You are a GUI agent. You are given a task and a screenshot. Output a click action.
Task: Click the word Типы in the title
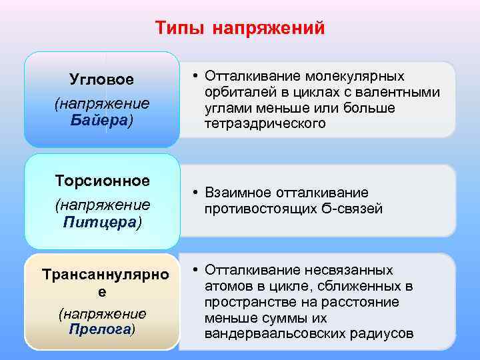[x=181, y=28]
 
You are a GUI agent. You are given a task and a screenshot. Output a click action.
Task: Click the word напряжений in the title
[x=270, y=28]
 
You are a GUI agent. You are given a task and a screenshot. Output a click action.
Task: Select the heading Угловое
[x=101, y=79]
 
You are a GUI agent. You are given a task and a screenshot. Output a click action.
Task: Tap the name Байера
[x=100, y=121]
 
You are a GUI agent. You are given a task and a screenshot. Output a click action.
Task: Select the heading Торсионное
[x=102, y=181]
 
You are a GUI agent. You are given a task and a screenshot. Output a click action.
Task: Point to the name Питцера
[x=100, y=221]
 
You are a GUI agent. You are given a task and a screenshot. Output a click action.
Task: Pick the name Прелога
[x=100, y=329]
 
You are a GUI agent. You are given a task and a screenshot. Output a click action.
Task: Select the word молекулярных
[x=360, y=76]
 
